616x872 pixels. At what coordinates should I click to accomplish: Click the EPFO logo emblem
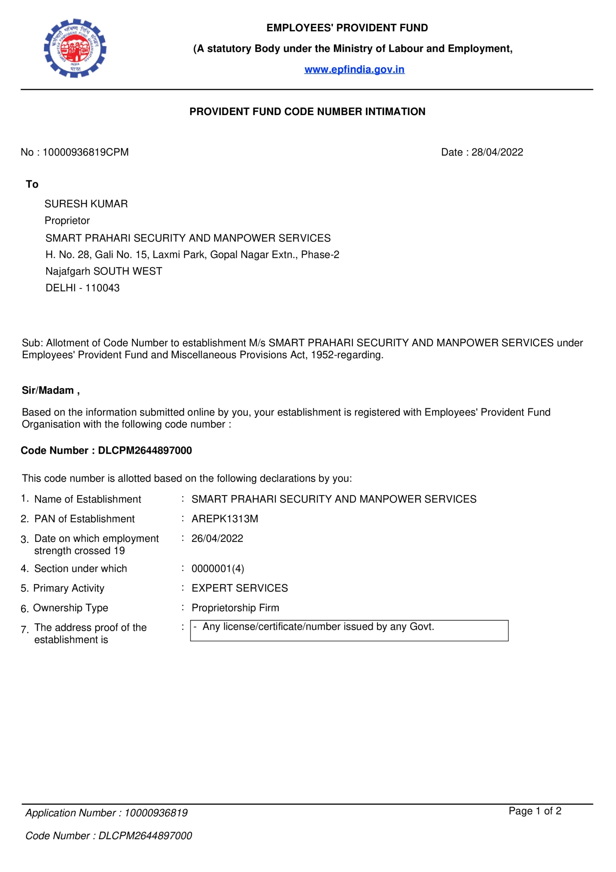pyautogui.click(x=75, y=48)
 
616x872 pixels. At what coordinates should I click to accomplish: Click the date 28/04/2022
pyautogui.click(x=497, y=152)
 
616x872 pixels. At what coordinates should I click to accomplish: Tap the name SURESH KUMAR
pyautogui.click(x=86, y=204)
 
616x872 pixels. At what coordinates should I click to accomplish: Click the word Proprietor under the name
pyautogui.click(x=67, y=221)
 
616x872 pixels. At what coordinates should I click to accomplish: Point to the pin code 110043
pyautogui.click(x=102, y=288)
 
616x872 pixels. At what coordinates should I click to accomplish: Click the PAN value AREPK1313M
pyautogui.click(x=224, y=519)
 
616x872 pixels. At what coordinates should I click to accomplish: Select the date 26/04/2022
pyautogui.click(x=217, y=539)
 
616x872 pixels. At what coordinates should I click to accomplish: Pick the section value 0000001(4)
pyautogui.click(x=218, y=569)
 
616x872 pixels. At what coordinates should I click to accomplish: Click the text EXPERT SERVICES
pyautogui.click(x=239, y=588)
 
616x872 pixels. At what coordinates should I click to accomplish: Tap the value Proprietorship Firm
pyautogui.click(x=235, y=608)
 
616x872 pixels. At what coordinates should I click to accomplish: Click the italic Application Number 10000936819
pyautogui.click(x=106, y=813)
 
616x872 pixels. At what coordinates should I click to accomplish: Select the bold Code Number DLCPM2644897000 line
pyautogui.click(x=106, y=450)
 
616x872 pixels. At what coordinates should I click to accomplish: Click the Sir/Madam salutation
pyautogui.click(x=50, y=390)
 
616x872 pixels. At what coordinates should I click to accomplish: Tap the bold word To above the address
pyautogui.click(x=32, y=184)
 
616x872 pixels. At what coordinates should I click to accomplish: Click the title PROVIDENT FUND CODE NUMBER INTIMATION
pyautogui.click(x=307, y=112)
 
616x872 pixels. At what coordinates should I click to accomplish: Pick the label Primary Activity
pyautogui.click(x=68, y=588)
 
